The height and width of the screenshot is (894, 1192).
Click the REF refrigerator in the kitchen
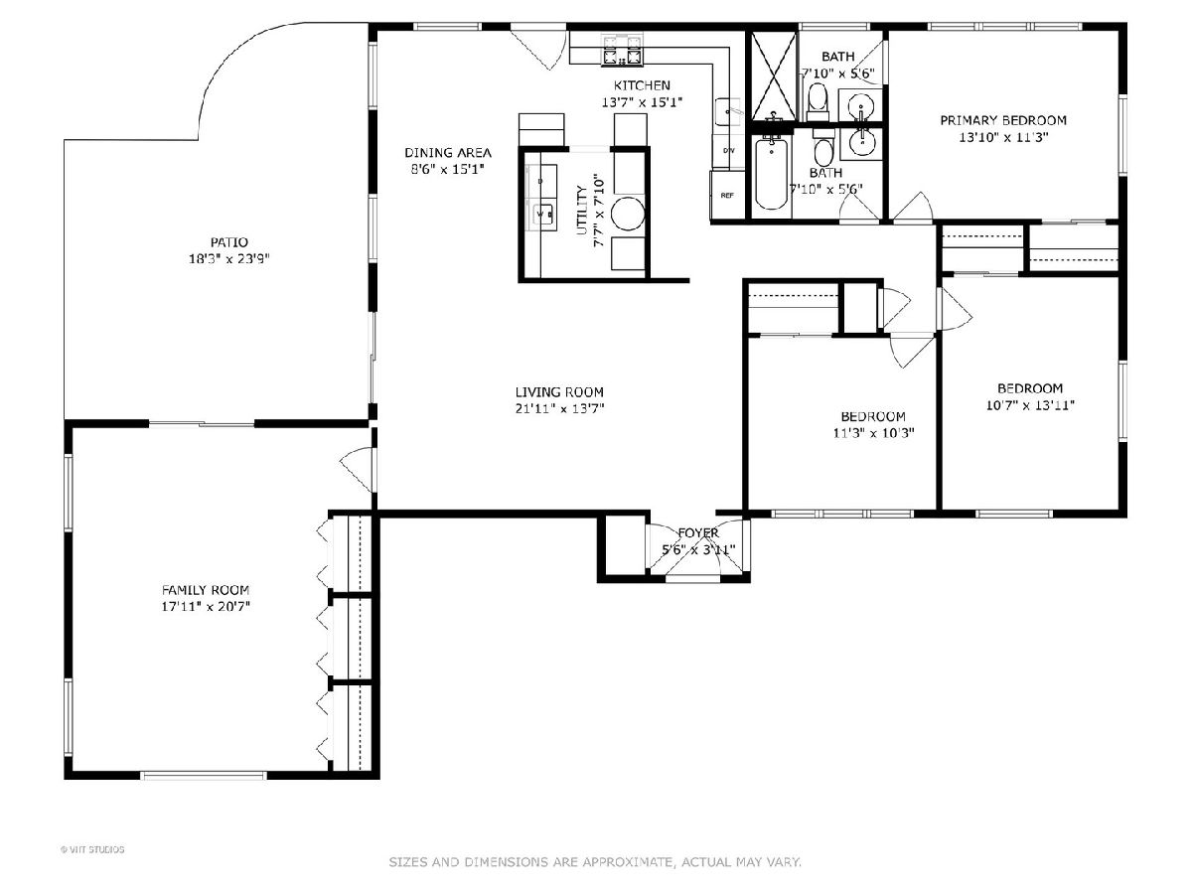tap(727, 195)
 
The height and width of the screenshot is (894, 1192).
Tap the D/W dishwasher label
tap(729, 150)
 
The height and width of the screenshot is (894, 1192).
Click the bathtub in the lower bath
tap(771, 174)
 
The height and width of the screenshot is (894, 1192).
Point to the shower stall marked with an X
tap(773, 75)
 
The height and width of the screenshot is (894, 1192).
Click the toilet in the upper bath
tap(818, 102)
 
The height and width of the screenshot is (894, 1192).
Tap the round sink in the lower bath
tap(861, 143)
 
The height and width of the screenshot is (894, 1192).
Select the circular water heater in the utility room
tap(628, 213)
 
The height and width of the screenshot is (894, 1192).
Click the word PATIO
tap(229, 242)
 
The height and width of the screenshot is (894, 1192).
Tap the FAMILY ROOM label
tap(206, 589)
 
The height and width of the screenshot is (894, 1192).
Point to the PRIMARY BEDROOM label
tap(1003, 120)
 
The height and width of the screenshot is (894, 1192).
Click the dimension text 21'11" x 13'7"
tap(559, 408)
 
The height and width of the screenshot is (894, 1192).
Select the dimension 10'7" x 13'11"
tap(1030, 405)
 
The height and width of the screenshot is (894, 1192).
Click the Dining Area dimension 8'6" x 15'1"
tap(447, 169)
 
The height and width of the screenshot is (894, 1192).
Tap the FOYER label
tap(698, 533)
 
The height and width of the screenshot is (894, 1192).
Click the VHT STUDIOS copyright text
tap(92, 849)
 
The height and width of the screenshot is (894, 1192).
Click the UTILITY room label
tap(582, 210)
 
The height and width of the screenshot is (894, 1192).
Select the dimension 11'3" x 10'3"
tap(873, 433)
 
